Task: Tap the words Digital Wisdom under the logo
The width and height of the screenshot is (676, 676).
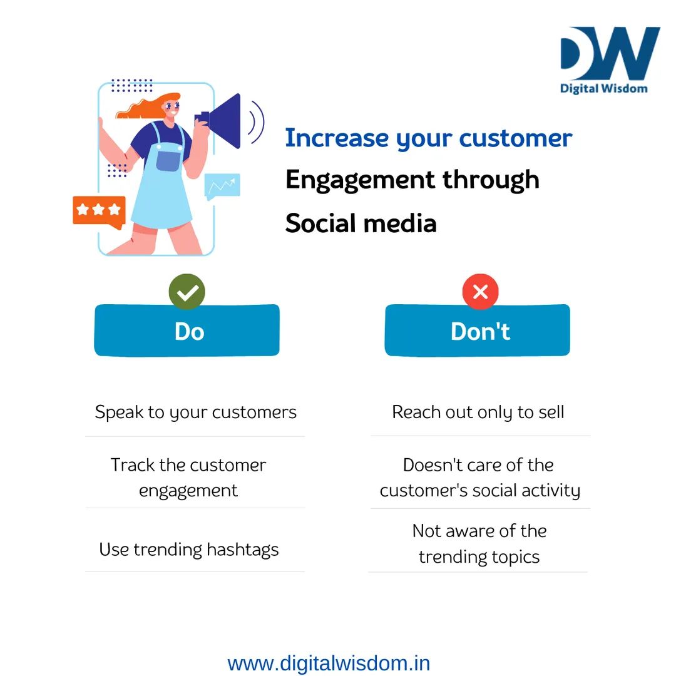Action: click(603, 88)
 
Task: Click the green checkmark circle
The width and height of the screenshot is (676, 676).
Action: click(187, 292)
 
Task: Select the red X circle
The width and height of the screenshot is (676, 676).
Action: click(480, 292)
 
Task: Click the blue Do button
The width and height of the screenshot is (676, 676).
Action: click(187, 330)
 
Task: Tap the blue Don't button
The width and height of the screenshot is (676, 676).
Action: click(478, 330)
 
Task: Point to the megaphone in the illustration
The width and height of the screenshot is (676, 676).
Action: click(222, 120)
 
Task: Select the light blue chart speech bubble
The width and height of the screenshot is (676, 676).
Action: click(222, 185)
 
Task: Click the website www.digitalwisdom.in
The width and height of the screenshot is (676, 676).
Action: click(329, 663)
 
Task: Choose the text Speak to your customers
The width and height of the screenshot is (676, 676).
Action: click(195, 412)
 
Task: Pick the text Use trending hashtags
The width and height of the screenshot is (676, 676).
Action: click(188, 550)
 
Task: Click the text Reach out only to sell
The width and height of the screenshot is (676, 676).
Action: click(478, 412)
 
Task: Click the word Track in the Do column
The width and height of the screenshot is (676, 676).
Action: click(131, 465)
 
